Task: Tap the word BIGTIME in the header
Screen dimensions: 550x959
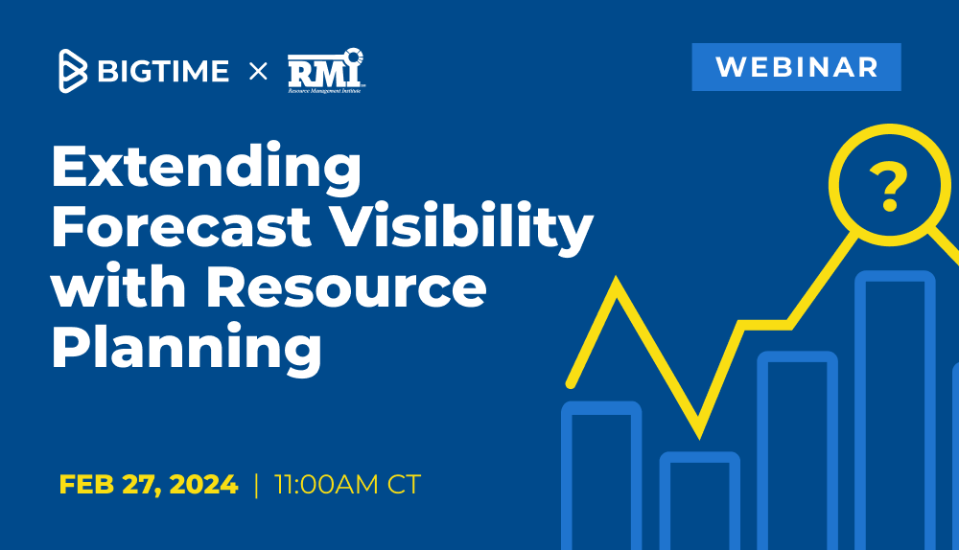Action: [x=163, y=71]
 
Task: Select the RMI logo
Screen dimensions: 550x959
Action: [x=326, y=70]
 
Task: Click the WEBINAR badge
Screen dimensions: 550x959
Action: [x=796, y=67]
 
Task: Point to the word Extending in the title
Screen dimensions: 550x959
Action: [x=206, y=169]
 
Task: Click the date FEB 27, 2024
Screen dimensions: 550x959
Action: [x=149, y=485]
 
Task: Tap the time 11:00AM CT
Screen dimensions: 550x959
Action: [x=347, y=485]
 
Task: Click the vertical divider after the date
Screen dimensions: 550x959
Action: [x=256, y=485]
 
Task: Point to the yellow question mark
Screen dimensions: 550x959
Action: [x=887, y=187]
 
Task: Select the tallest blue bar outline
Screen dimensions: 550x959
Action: [x=895, y=279]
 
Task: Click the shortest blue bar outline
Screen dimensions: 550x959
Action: [x=699, y=458]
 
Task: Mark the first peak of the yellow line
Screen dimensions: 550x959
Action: [x=616, y=284]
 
